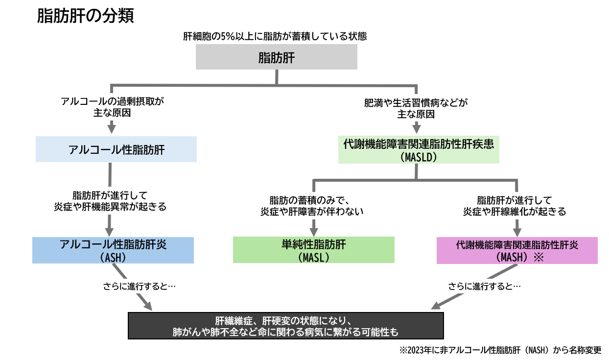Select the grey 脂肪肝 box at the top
click(x=277, y=58)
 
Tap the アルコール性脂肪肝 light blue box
click(x=117, y=149)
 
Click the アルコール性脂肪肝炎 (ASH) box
click(x=113, y=250)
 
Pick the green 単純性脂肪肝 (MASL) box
click(x=313, y=250)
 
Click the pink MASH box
click(x=517, y=250)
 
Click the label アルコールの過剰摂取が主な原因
click(x=111, y=107)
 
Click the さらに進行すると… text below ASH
click(x=140, y=286)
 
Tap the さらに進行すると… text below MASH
click(x=485, y=286)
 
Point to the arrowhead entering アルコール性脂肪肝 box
click(x=112, y=129)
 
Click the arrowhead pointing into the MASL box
click(x=313, y=230)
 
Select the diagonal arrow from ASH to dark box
click(x=132, y=288)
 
